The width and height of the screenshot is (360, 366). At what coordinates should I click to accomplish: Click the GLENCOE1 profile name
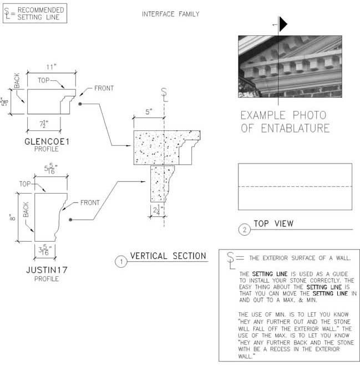[x=47, y=141]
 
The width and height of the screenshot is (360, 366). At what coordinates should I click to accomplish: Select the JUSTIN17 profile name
[x=47, y=270]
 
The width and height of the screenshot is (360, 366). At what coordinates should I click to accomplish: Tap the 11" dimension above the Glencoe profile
[x=52, y=67]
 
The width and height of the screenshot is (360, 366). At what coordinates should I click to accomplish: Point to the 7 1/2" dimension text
[x=44, y=124]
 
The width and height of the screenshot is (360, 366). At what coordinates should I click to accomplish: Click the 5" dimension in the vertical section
[x=149, y=111]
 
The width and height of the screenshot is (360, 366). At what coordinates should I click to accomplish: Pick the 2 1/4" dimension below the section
[x=158, y=210]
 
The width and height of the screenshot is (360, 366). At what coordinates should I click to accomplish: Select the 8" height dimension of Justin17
[x=12, y=217]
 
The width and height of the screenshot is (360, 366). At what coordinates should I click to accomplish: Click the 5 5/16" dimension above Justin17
[x=50, y=169]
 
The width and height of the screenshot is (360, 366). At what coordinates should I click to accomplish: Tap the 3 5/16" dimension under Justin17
[x=45, y=250]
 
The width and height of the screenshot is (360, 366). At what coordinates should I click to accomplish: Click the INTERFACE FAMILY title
[x=171, y=14]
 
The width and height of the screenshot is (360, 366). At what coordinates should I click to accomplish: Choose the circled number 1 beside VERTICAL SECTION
[x=121, y=262]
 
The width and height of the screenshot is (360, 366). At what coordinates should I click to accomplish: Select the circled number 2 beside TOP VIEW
[x=245, y=230]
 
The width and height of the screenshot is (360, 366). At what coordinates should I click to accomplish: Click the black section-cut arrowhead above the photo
[x=283, y=24]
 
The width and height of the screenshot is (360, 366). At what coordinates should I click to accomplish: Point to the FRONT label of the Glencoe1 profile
[x=104, y=88]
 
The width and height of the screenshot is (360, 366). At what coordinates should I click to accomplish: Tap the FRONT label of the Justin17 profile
[x=90, y=202]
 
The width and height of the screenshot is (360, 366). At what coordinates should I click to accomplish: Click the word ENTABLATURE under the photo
[x=295, y=129]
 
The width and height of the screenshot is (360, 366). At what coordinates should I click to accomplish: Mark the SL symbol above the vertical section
[x=164, y=94]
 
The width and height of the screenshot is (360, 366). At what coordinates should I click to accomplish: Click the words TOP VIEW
[x=273, y=223]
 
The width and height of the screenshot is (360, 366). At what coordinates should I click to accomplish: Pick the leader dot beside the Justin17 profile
[x=70, y=220]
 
